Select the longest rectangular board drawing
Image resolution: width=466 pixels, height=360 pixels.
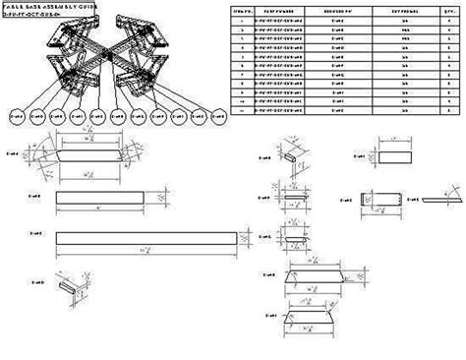147,239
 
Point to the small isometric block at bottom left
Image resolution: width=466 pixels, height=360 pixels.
65,285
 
